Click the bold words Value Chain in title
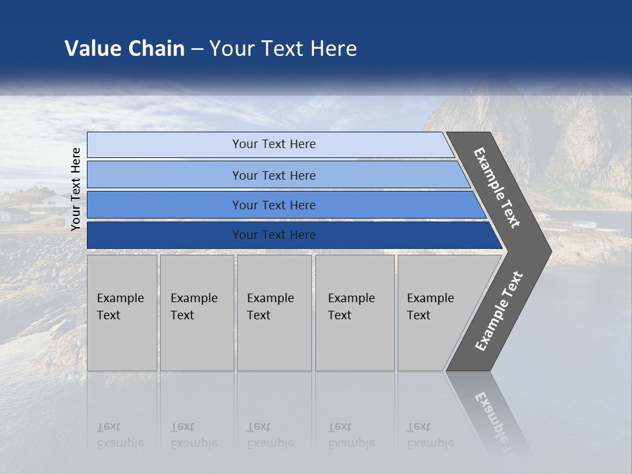pyautogui.click(x=124, y=49)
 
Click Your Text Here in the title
pyautogui.click(x=283, y=49)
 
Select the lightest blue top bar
pyautogui.click(x=165, y=145)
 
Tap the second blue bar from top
pyautogui.click(x=165, y=175)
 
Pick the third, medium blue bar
pyautogui.click(x=165, y=205)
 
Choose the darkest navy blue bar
pyautogui.click(x=165, y=235)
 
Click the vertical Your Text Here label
pyautogui.click(x=76, y=189)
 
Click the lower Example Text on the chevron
pyautogui.click(x=499, y=311)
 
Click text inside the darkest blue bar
pyautogui.click(x=274, y=235)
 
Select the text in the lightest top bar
pyautogui.click(x=274, y=144)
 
